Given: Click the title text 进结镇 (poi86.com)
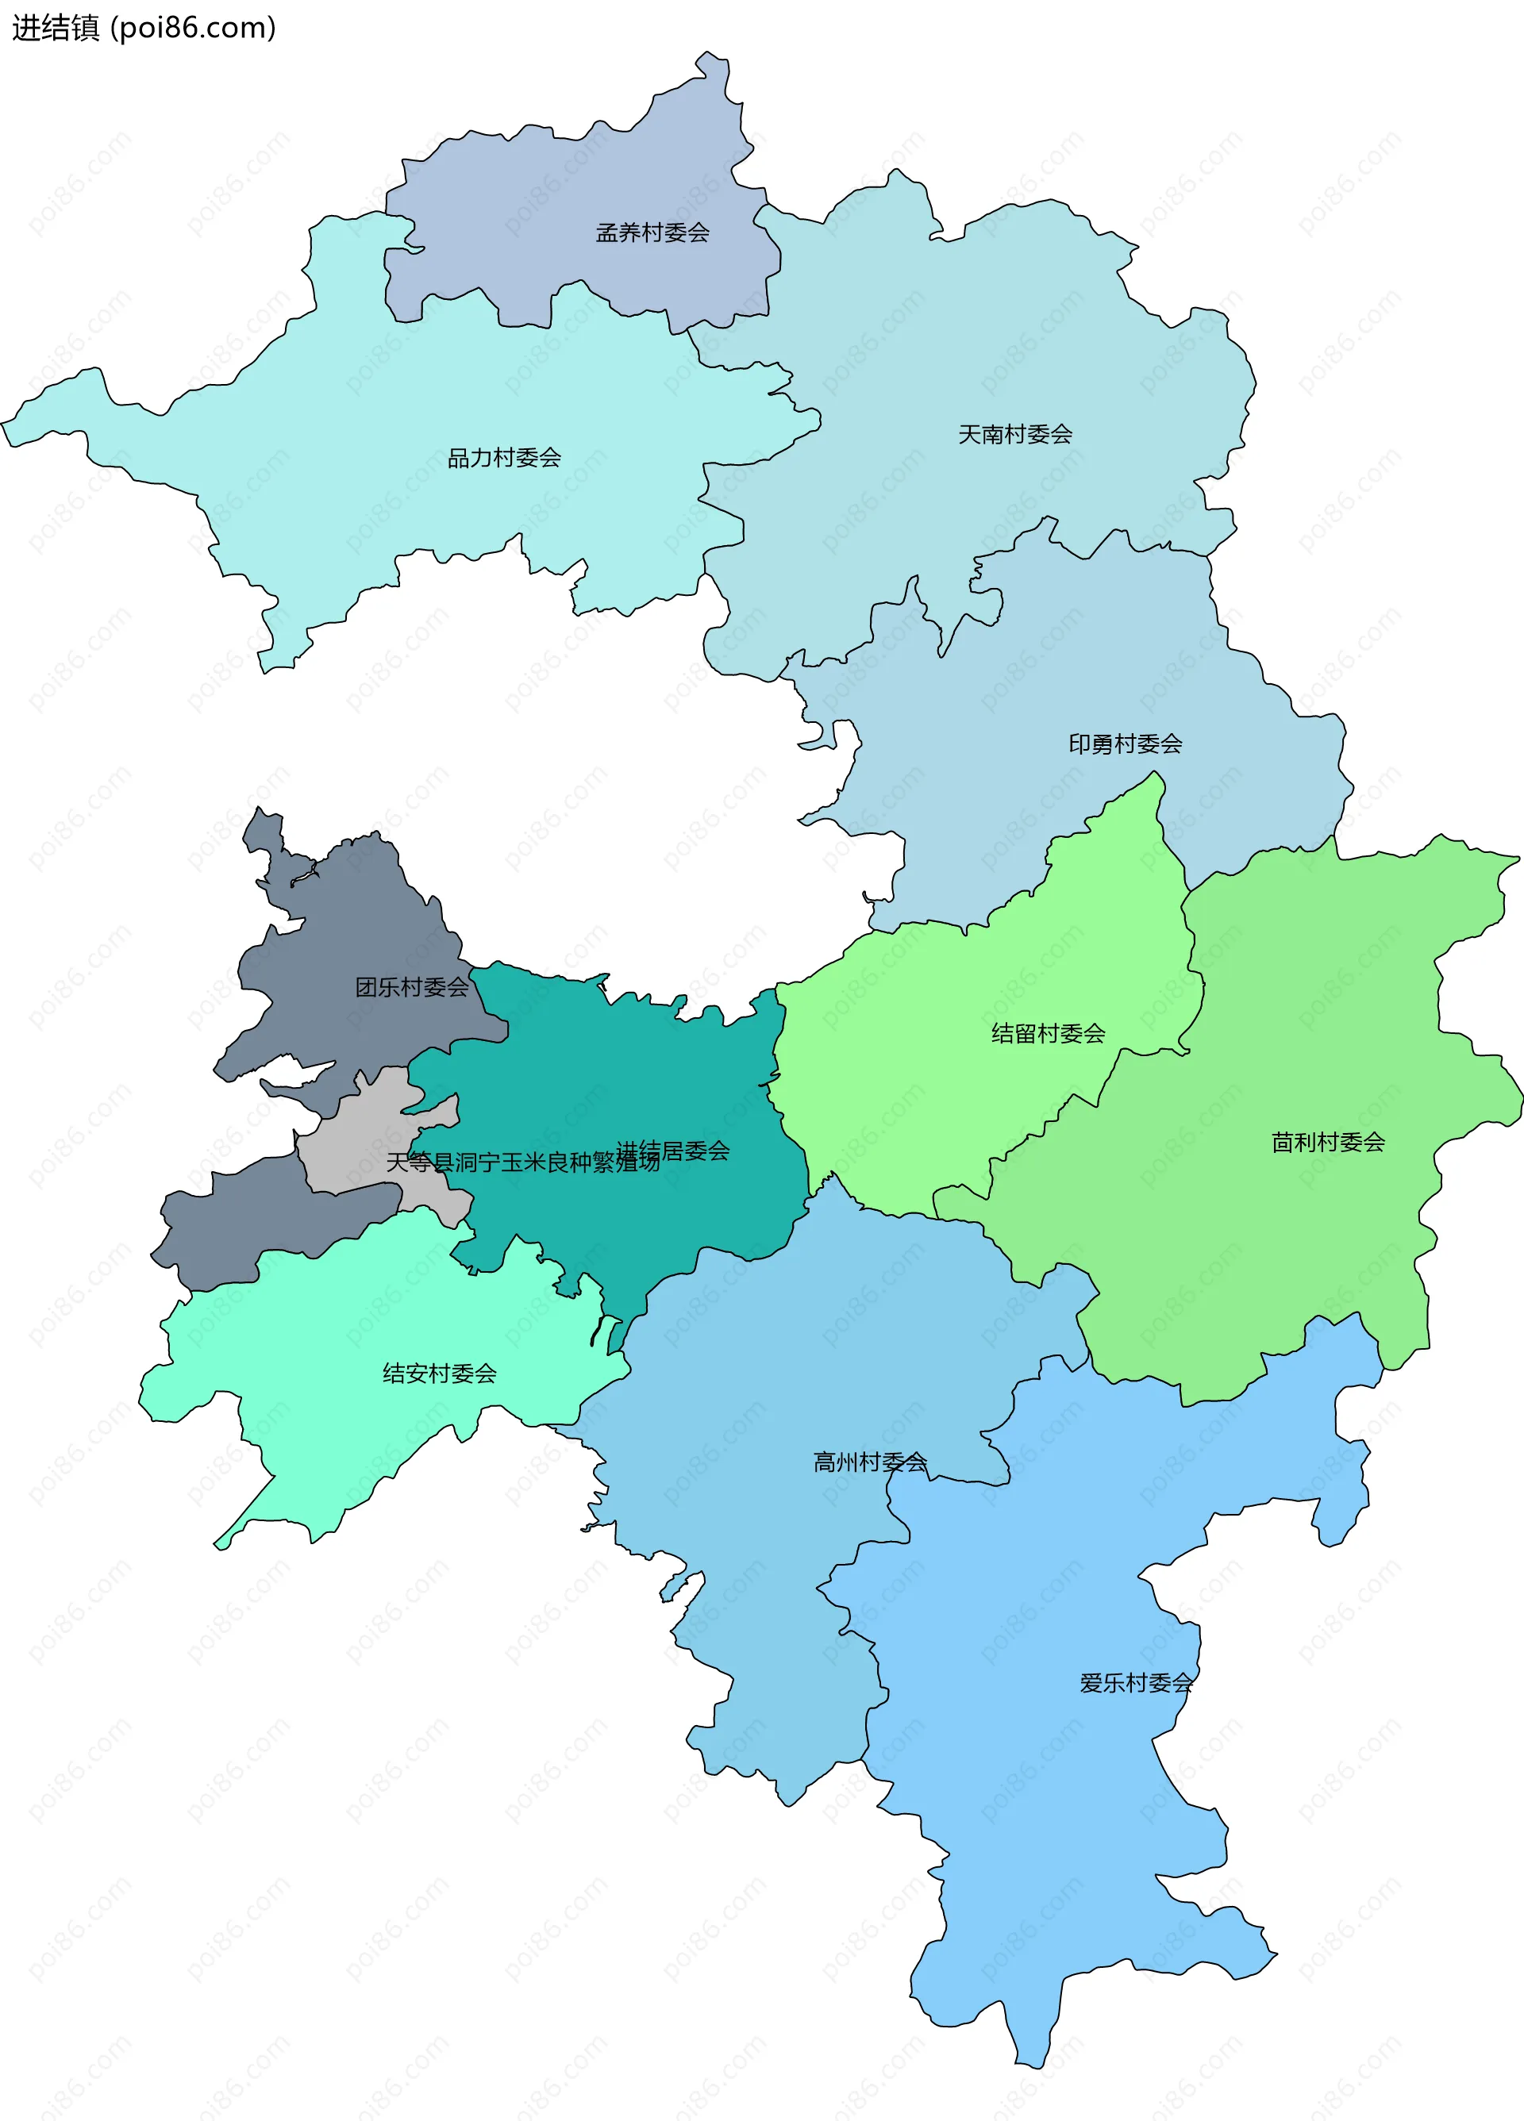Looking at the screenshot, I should pos(143,28).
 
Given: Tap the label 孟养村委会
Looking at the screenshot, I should pos(652,232).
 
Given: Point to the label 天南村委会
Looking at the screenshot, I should pos(1015,435).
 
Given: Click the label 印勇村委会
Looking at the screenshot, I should pos(1126,744).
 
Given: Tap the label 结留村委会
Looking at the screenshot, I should pos(1048,1033).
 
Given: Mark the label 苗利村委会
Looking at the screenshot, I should pos(1327,1143).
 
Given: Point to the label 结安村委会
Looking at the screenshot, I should pos(440,1374).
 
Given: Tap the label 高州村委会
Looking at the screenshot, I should pos(870,1462).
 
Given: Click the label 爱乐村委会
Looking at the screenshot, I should pos(1136,1683).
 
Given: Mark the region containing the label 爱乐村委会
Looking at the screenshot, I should pos(1076,1823).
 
